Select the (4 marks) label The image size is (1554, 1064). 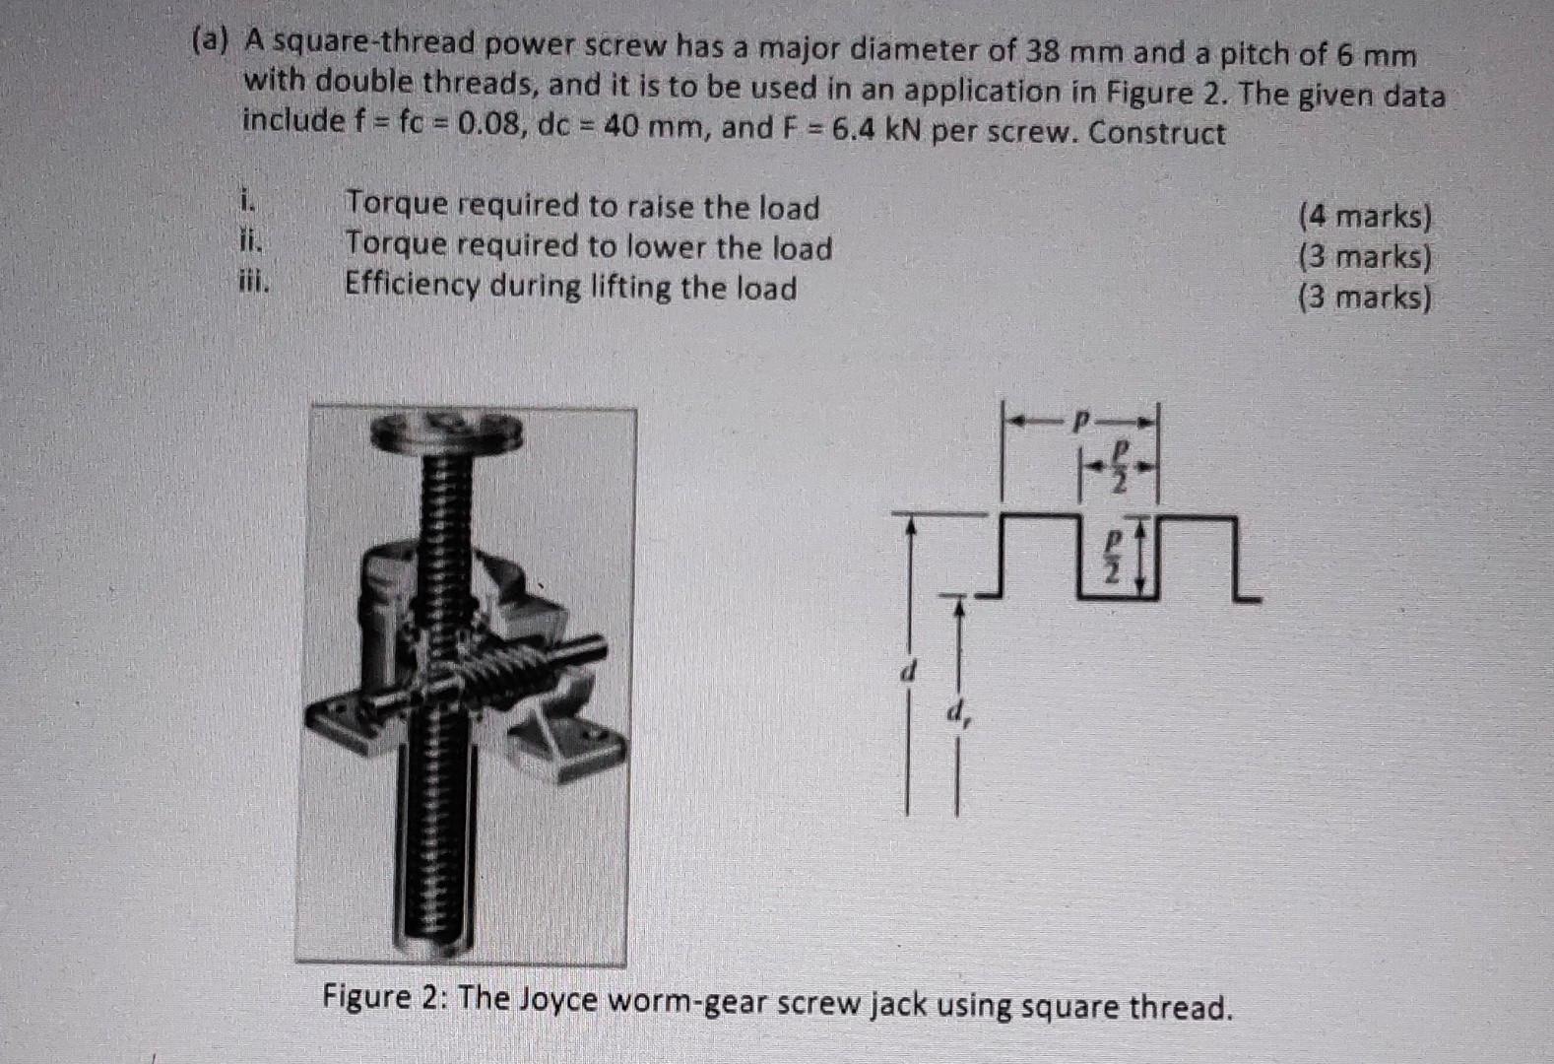point(1365,216)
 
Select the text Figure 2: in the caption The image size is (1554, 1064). point(385,998)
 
